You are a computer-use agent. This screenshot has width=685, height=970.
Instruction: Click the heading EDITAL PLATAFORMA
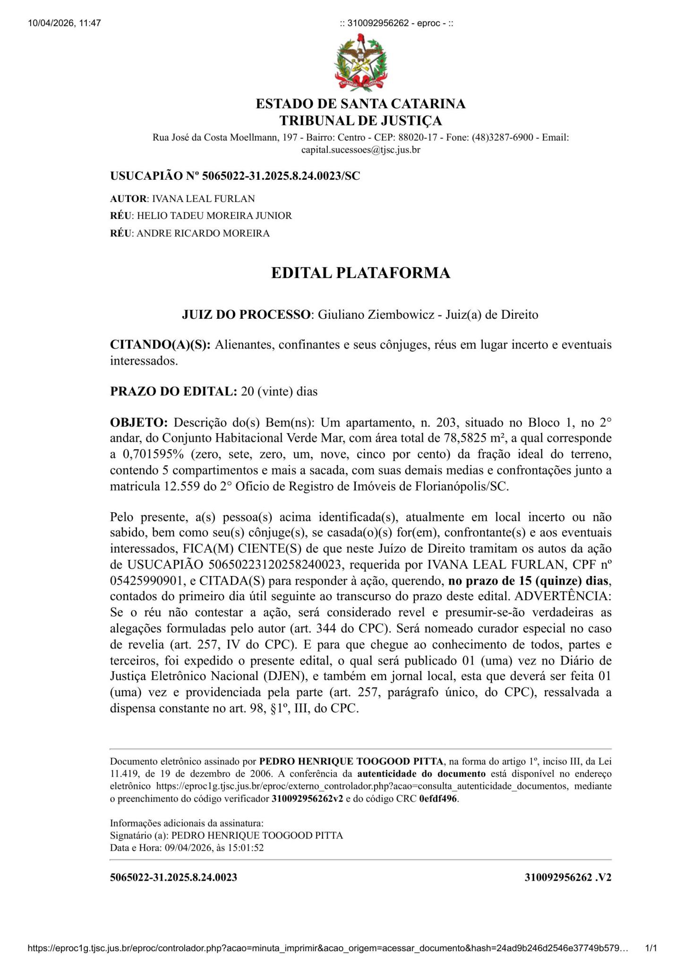coord(360,273)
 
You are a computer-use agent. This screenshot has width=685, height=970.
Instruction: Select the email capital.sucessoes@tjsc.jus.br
coord(360,150)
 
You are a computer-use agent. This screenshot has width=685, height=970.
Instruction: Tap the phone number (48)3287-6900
coord(502,138)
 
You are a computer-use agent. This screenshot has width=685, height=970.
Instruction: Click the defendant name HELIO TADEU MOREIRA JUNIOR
coord(214,216)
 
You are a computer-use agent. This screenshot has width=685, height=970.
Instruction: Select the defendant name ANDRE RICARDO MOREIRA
coord(203,233)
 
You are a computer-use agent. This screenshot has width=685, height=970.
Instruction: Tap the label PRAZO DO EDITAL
coord(173,392)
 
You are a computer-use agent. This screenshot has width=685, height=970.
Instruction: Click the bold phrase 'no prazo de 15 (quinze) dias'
coord(529,580)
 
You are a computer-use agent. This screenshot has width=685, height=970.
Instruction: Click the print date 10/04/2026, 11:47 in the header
coord(65,23)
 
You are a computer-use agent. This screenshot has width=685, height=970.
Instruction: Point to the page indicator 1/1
coord(651,948)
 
